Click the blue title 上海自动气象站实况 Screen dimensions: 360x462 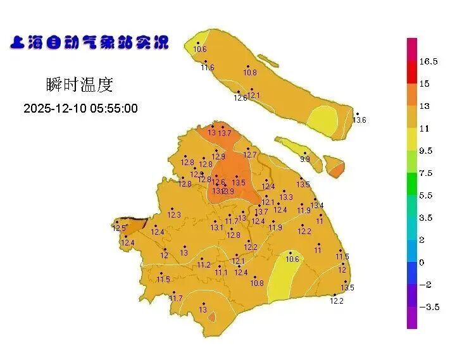click(x=90, y=43)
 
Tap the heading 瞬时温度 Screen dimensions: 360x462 click(x=80, y=84)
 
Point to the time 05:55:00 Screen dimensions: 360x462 click(x=114, y=108)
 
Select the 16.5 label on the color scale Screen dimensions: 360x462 click(x=428, y=61)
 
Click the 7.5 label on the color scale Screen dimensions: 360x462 click(x=426, y=173)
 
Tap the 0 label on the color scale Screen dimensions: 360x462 click(x=421, y=262)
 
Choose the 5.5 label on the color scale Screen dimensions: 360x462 click(x=426, y=196)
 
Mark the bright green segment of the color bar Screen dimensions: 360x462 click(x=411, y=183)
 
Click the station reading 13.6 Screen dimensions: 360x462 click(x=359, y=120)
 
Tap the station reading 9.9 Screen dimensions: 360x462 click(x=305, y=159)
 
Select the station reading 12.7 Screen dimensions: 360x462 click(x=250, y=155)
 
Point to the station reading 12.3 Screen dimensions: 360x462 click(x=174, y=215)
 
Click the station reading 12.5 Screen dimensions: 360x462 click(x=119, y=228)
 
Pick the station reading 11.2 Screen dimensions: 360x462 click(x=203, y=265)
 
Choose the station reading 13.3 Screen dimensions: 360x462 click(x=286, y=197)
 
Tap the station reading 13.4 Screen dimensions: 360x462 click(x=317, y=206)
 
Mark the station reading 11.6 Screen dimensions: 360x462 click(x=208, y=68)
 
